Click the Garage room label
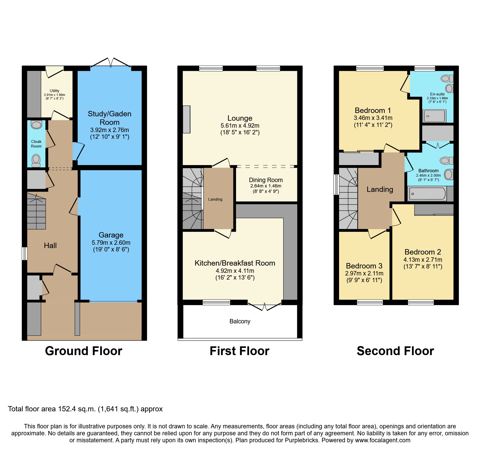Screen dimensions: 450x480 tap(111, 235)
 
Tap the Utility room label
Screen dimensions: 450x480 tap(54, 91)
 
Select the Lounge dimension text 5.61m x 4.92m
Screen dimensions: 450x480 tap(240, 126)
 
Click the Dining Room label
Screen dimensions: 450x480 tap(266, 180)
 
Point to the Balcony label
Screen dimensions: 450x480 tap(240, 321)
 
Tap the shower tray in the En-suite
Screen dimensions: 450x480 tap(434, 116)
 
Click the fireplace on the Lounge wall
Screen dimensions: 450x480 tap(187, 119)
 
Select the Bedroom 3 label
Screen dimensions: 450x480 tap(364, 266)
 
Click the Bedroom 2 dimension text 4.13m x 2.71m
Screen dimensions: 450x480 tap(423, 260)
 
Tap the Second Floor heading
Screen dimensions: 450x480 tap(395, 351)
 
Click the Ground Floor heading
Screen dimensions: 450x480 tap(84, 351)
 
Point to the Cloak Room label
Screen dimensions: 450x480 tap(36, 144)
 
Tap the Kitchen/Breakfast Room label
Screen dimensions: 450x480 tap(235, 263)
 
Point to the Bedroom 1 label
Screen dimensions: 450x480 tap(373, 110)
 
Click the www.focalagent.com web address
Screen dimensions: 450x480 tap(382, 440)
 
